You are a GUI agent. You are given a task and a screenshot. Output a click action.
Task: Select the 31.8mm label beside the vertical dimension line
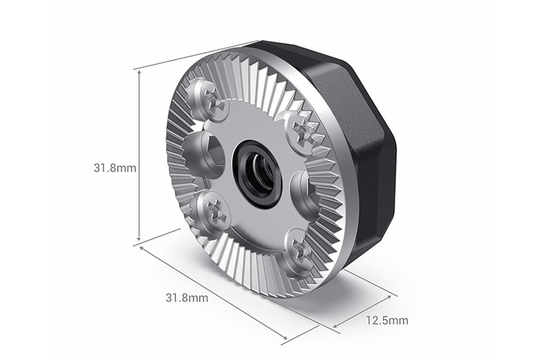pyautogui.click(x=115, y=167)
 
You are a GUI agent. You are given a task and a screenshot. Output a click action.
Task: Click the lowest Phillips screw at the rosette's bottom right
pyautogui.click(x=298, y=251)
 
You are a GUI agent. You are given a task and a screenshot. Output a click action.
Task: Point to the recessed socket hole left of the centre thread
pyautogui.click(x=201, y=153)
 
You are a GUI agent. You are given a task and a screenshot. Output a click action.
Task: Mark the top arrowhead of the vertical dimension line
pyautogui.click(x=139, y=72)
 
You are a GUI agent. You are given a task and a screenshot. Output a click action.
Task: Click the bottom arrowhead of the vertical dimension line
pyautogui.click(x=139, y=239)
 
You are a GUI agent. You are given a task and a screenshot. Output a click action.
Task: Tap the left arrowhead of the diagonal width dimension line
pyautogui.click(x=143, y=249)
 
